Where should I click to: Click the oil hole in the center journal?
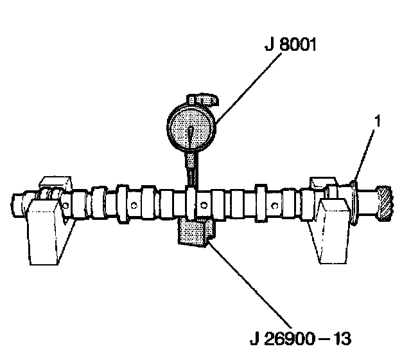(x=204, y=205)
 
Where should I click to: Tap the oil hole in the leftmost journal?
(x=66, y=205)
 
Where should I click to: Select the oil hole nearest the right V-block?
(x=274, y=206)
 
